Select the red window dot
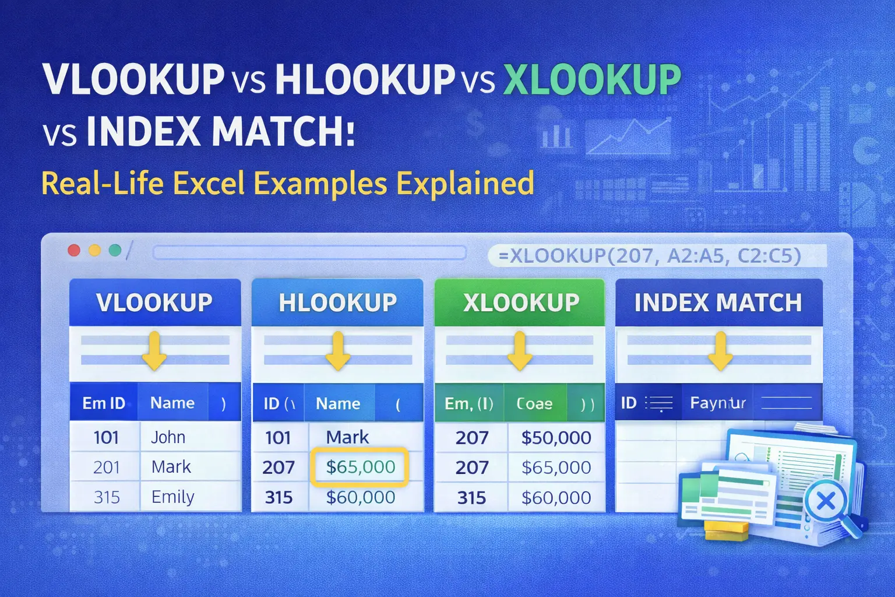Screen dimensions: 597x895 pos(74,251)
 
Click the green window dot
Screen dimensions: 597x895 pos(115,251)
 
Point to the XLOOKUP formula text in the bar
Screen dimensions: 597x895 pos(650,256)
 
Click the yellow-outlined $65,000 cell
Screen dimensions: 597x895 pos(360,467)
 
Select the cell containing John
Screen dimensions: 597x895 pos(168,437)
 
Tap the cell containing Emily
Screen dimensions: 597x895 pos(172,497)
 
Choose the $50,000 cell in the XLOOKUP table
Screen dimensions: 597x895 pos(556,438)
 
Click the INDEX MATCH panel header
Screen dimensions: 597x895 pos(718,303)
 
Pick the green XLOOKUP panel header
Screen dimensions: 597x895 pos(520,303)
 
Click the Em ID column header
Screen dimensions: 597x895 pos(104,403)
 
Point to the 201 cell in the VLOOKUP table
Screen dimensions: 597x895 pos(106,467)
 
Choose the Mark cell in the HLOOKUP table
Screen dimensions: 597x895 pos(347,437)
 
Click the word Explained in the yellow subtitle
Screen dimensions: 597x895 pos(465,183)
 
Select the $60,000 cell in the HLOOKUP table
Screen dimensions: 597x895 pos(360,497)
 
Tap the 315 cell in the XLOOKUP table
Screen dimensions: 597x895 pos(471,497)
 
